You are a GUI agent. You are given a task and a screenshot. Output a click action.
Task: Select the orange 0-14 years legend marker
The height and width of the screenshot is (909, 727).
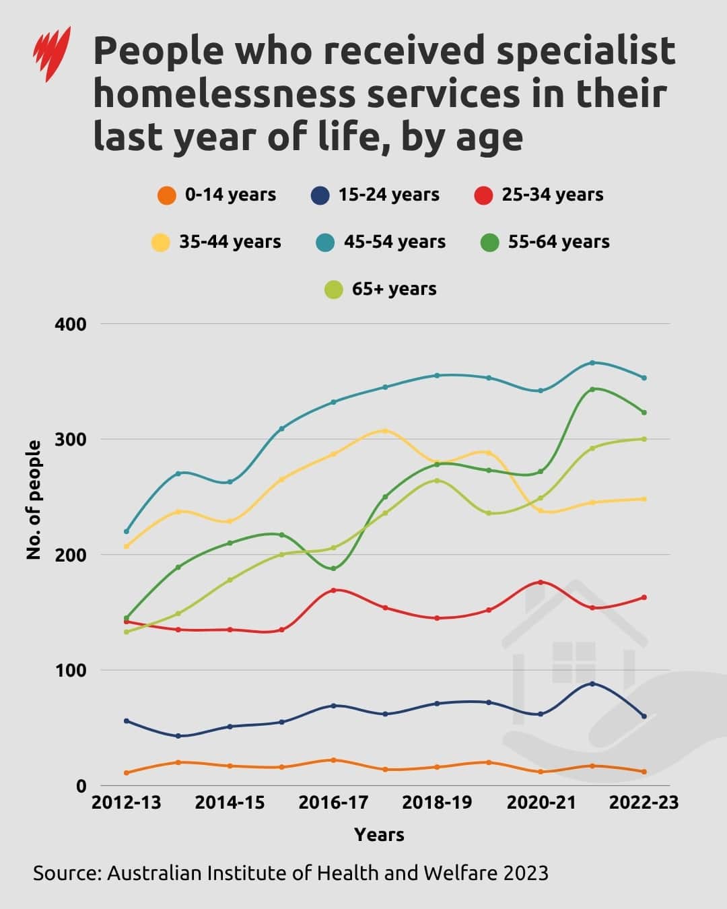point(166,195)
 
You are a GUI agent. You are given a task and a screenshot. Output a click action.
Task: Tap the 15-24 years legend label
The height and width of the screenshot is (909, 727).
point(388,195)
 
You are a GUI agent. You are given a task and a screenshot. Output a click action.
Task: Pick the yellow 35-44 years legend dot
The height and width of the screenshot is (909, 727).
point(160,242)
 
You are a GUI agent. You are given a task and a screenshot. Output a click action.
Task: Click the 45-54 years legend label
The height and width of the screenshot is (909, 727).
point(394,242)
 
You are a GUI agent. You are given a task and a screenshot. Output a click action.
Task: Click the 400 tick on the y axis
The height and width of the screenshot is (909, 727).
point(70,324)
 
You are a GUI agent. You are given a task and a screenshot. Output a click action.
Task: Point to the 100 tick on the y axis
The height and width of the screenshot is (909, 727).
point(70,671)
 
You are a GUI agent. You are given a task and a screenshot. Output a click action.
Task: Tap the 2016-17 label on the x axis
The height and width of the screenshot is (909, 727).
point(333,803)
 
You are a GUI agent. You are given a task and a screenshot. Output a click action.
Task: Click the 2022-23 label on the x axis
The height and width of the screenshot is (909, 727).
point(644,803)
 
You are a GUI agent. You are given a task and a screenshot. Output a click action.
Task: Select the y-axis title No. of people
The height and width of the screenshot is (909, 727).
point(34,500)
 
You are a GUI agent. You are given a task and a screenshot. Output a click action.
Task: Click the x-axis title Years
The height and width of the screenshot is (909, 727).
point(379,835)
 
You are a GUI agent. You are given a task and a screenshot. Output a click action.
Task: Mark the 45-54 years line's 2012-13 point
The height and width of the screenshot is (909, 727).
point(127,531)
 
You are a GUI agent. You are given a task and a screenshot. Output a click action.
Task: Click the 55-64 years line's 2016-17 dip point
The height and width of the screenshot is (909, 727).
point(333,568)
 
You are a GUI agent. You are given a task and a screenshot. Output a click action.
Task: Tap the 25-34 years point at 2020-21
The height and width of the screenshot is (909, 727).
point(541,582)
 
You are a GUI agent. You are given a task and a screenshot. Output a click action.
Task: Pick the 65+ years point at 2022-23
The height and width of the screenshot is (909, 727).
point(644,439)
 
